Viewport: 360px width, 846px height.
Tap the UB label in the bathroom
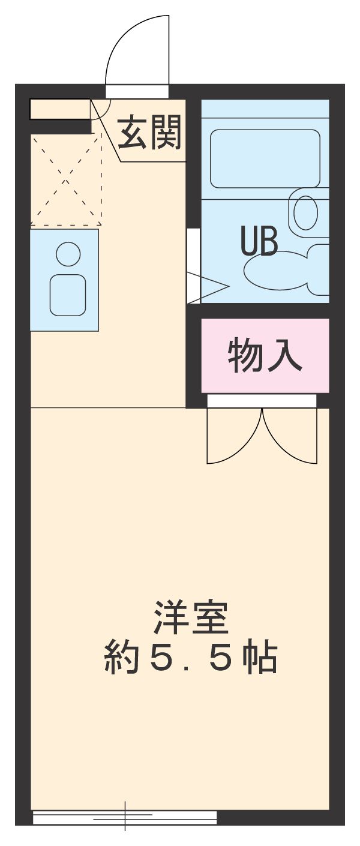(x=259, y=241)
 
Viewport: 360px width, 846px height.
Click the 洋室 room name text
(x=191, y=618)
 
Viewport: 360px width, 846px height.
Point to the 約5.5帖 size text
(x=191, y=658)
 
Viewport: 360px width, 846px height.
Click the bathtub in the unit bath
(x=265, y=158)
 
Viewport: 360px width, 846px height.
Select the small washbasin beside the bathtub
(x=306, y=212)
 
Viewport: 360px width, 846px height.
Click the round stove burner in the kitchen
(x=68, y=254)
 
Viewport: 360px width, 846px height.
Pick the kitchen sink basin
(x=68, y=295)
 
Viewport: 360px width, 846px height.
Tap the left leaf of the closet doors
(x=233, y=437)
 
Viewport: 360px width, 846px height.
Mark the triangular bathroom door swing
(x=207, y=287)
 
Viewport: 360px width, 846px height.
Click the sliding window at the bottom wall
(x=125, y=817)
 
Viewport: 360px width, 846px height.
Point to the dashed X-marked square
(x=65, y=179)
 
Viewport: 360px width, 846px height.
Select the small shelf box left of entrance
(x=59, y=109)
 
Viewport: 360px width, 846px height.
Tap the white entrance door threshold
(x=137, y=91)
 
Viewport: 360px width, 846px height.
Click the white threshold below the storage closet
(x=262, y=401)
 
